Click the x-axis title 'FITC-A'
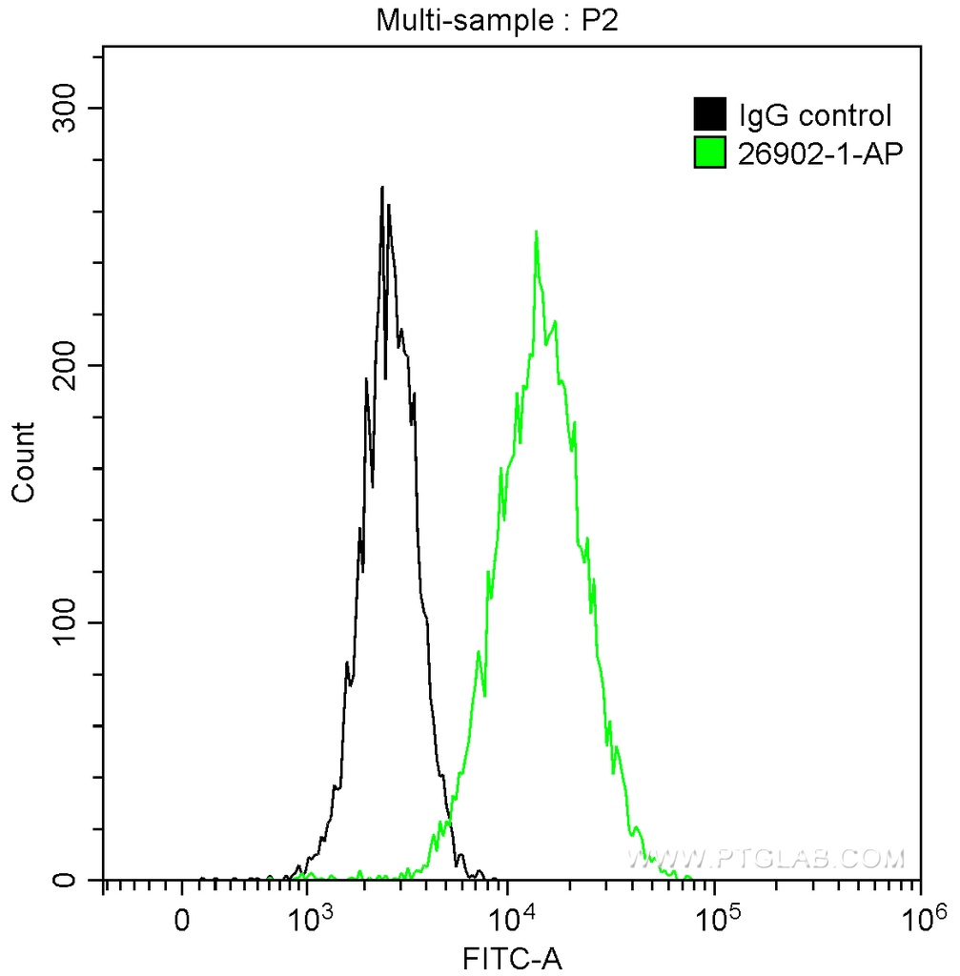512,958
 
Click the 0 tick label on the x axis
182,921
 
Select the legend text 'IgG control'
815,116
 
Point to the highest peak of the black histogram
382,188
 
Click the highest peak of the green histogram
537,232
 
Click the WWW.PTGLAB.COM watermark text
765,859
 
